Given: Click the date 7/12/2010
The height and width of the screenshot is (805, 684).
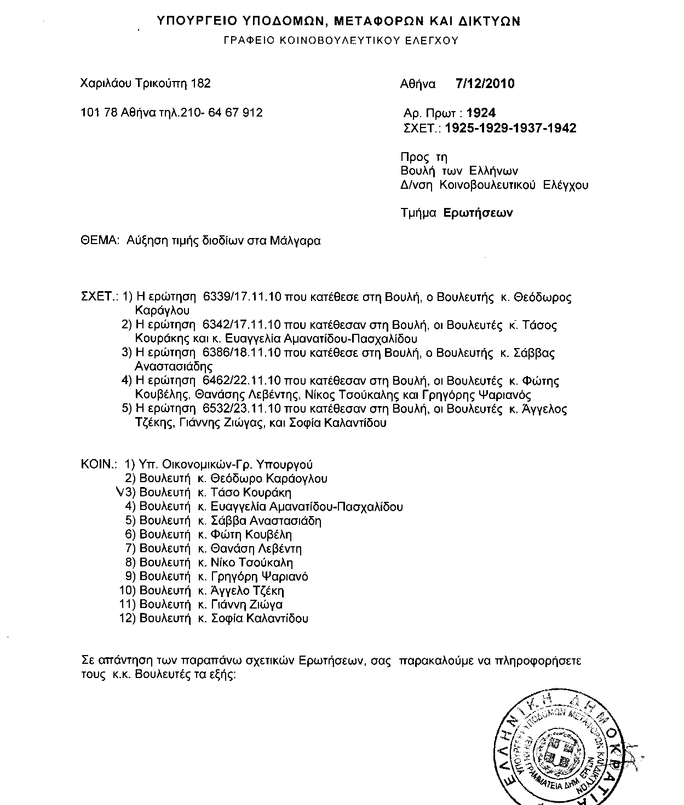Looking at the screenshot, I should pos(485,84).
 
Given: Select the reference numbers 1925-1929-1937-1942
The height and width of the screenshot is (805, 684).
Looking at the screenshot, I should pos(511,128).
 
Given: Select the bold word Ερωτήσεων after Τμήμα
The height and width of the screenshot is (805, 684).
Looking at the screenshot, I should pos(479,213).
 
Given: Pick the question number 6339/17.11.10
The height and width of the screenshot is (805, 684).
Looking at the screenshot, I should pos(242,297).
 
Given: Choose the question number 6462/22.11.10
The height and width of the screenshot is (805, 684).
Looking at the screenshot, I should pos(242,381).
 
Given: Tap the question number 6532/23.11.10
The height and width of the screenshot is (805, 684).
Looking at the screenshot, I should pos(242,409).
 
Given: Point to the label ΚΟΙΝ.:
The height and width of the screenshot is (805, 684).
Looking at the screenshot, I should pos(99,465).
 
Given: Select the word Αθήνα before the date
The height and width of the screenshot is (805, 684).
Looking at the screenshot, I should pos(418,84).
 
